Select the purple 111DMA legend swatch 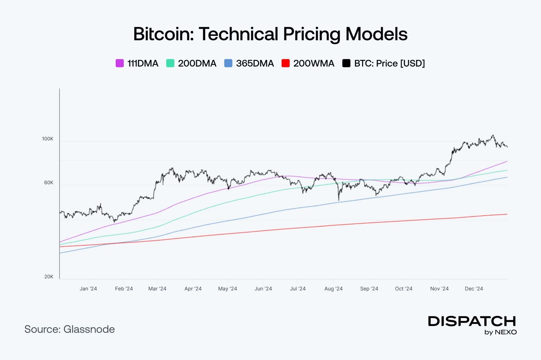tap(120, 63)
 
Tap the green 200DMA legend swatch tap(170, 63)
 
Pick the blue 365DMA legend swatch tap(228, 63)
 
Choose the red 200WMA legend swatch tap(286, 63)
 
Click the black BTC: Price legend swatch tap(346, 63)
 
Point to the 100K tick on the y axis tap(48, 139)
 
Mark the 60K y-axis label tap(49, 183)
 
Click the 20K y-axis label tap(49, 277)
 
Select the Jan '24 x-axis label tap(88, 289)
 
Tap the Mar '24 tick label tap(157, 289)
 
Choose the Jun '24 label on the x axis tap(263, 289)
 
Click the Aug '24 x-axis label tap(333, 289)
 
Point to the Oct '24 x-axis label tap(404, 289)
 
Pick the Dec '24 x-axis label tap(474, 289)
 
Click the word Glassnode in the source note tap(89, 329)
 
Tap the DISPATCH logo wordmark tap(472, 321)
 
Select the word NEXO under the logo tap(506, 332)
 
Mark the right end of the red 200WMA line tap(507, 214)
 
